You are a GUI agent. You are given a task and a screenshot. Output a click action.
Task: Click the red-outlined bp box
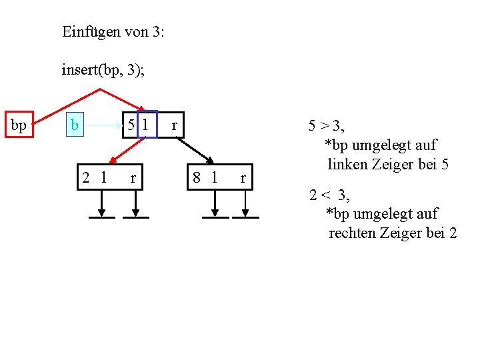coord(19,125)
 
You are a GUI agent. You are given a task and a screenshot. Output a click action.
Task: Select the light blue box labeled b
coord(75,125)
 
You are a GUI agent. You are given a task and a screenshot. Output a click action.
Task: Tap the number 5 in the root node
coord(133,125)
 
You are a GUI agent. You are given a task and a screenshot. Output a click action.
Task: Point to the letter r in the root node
coord(175,125)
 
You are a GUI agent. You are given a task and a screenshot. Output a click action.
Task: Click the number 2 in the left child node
coord(87,177)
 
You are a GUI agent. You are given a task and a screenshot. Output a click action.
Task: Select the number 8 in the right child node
coord(197,177)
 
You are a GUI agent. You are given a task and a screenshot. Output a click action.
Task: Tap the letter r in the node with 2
coord(133,177)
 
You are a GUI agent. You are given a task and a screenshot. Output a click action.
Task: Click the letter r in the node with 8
coord(243,177)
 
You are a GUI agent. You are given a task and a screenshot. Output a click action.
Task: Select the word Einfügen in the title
coord(89,31)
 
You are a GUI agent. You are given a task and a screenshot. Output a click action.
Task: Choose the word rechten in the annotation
coord(355,233)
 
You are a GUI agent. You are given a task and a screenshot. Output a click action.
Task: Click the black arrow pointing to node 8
coord(193,151)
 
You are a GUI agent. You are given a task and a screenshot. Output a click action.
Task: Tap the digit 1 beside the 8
coord(214,177)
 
